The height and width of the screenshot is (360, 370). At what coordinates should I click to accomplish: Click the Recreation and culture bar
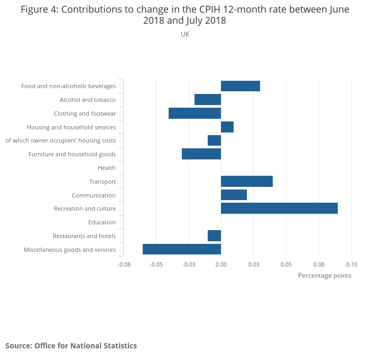click(x=279, y=209)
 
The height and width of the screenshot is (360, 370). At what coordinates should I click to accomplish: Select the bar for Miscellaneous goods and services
click(x=182, y=249)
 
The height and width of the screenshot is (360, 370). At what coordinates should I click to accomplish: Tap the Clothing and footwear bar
click(x=195, y=113)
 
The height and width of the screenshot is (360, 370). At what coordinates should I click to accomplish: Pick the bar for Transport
click(x=247, y=182)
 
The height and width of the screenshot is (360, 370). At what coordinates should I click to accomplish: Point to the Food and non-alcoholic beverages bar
click(x=240, y=86)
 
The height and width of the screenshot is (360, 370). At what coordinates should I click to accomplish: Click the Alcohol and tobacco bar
click(x=208, y=100)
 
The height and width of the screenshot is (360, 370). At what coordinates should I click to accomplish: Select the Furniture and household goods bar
click(x=201, y=154)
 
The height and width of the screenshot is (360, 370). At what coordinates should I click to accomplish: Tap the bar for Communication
click(x=234, y=195)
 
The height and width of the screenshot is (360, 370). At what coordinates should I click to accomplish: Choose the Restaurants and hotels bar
click(x=214, y=236)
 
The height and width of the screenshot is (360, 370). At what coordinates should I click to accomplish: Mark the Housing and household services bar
click(x=227, y=127)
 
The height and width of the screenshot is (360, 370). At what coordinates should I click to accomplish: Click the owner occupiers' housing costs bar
click(x=214, y=140)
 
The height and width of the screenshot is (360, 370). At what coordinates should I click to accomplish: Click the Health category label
click(x=107, y=168)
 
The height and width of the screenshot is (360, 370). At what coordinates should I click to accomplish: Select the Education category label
click(x=102, y=222)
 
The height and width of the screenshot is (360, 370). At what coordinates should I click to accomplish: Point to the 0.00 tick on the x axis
click(x=221, y=264)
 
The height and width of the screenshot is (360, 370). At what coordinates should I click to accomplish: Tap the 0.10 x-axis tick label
click(x=351, y=264)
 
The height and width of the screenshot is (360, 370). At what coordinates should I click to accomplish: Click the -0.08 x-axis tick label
click(x=124, y=264)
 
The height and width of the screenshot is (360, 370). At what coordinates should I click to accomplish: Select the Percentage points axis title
click(x=325, y=276)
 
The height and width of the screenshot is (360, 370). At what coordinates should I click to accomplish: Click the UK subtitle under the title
click(x=185, y=34)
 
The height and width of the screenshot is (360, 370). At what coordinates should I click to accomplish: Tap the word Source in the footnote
click(x=18, y=346)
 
